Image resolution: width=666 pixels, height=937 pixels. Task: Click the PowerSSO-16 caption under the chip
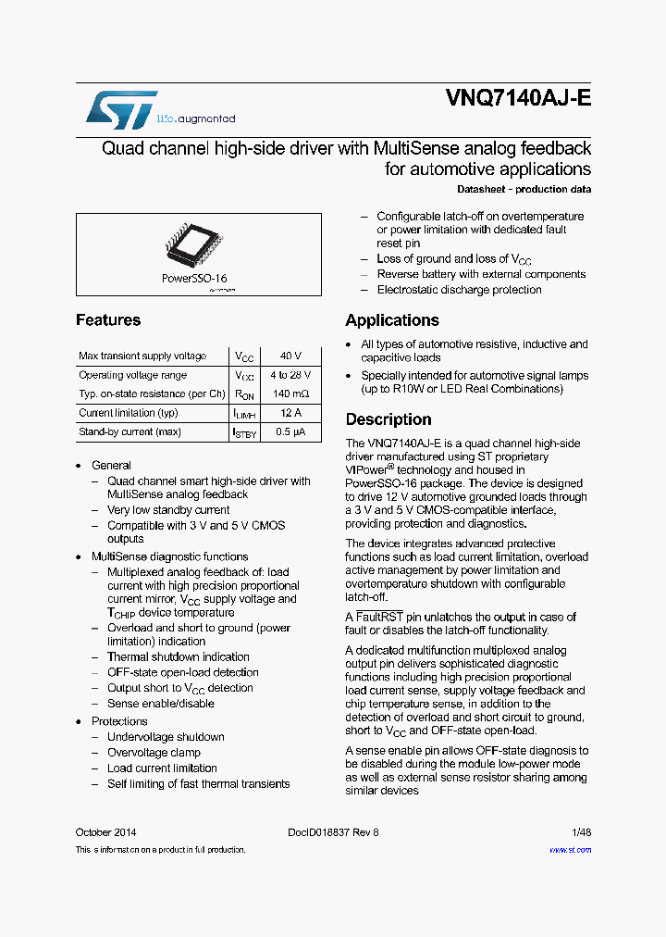click(x=194, y=278)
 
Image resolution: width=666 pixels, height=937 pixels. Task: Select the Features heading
click(x=108, y=320)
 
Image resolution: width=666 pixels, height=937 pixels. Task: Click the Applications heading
click(x=392, y=320)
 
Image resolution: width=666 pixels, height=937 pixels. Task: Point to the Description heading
click(x=388, y=419)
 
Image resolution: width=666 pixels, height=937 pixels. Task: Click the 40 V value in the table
click(x=290, y=356)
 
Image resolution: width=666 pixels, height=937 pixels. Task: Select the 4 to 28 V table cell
click(x=290, y=375)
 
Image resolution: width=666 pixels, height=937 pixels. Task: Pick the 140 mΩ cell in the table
click(x=290, y=394)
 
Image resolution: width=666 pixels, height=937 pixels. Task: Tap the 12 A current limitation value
click(x=290, y=413)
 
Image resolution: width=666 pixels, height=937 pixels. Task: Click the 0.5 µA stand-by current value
click(x=290, y=432)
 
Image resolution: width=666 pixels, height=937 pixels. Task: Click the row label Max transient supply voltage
click(x=142, y=356)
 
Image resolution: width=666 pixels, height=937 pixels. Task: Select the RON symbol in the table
click(x=243, y=394)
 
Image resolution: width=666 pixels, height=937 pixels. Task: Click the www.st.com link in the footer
click(x=570, y=850)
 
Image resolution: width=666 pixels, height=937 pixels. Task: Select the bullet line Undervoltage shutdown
click(x=166, y=737)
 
